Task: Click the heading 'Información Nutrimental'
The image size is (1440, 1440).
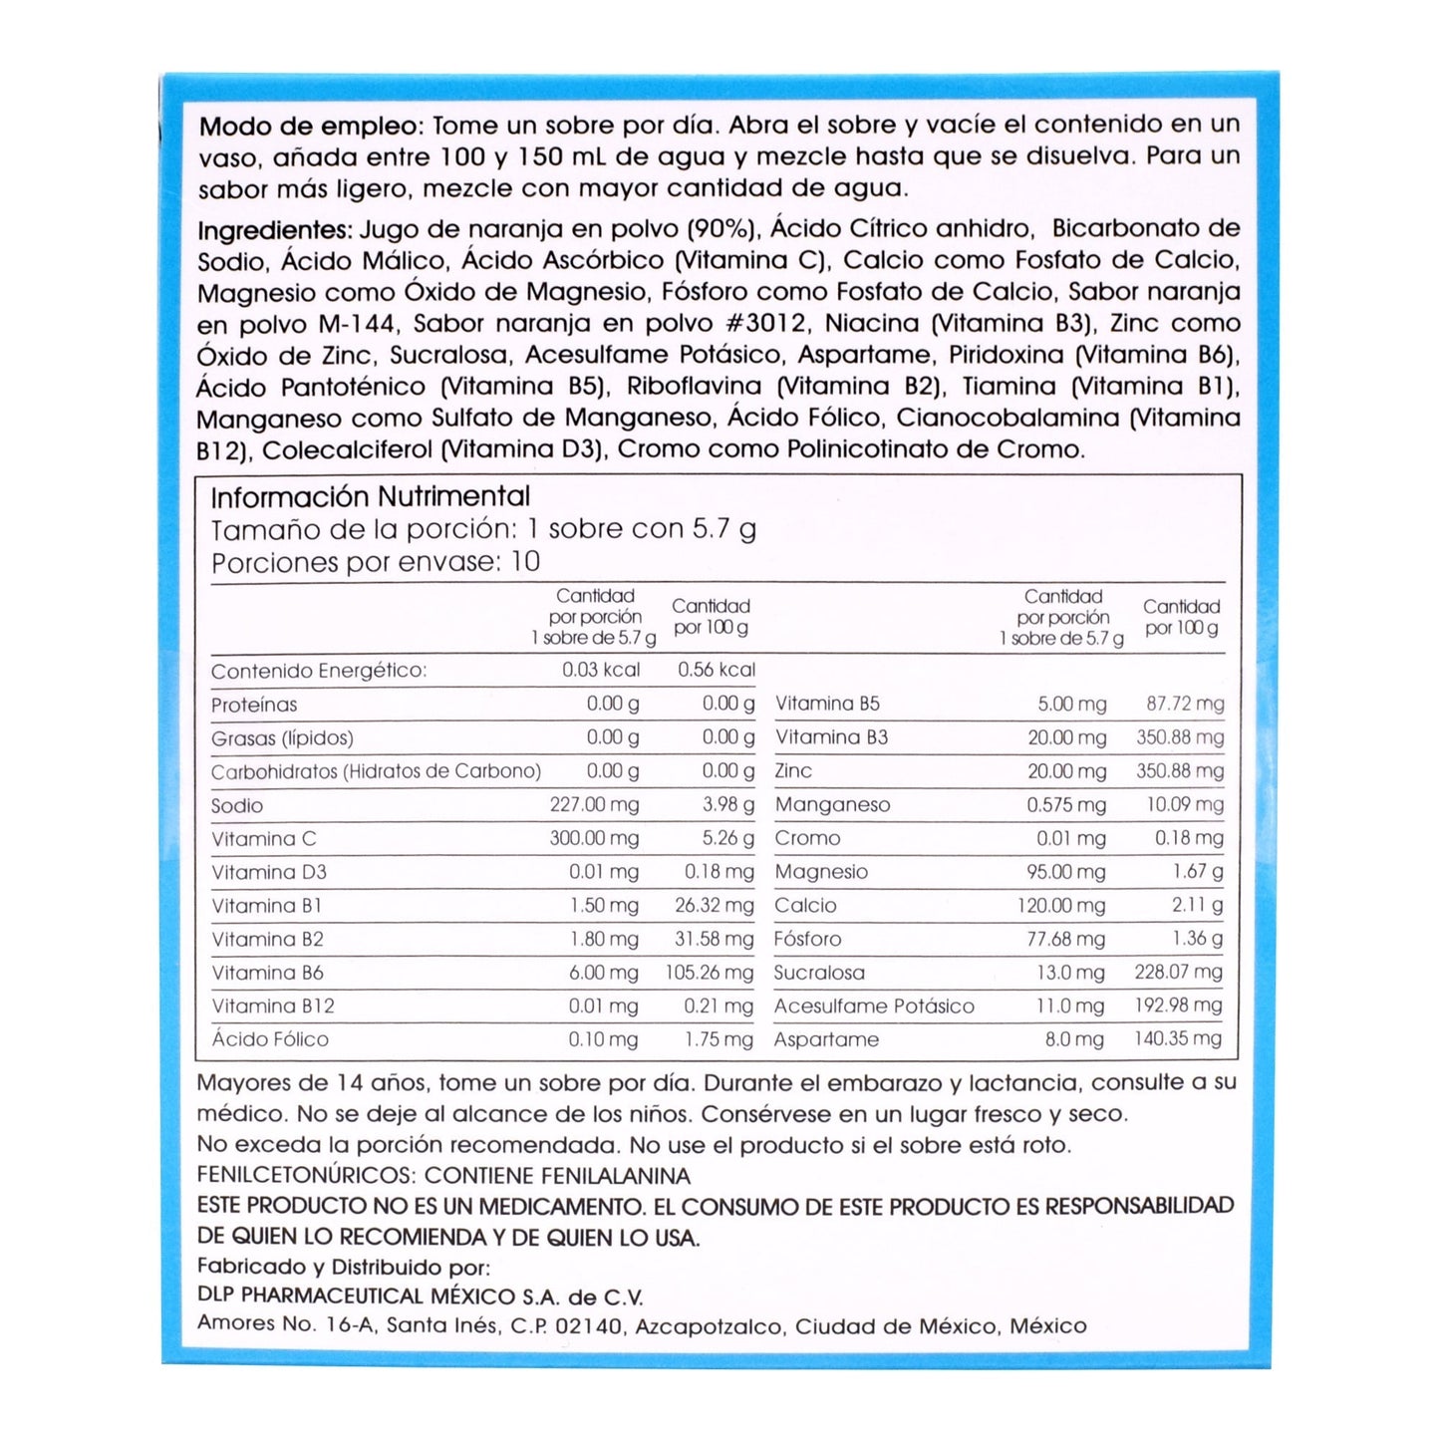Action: [370, 496]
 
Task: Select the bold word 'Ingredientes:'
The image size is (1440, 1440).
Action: [275, 231]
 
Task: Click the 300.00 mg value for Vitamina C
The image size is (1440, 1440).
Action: [594, 839]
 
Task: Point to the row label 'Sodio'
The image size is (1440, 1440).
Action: [237, 806]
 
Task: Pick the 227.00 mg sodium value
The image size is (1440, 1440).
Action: [594, 805]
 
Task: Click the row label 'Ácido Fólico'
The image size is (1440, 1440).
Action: [270, 1039]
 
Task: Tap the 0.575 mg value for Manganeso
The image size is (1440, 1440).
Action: [1066, 805]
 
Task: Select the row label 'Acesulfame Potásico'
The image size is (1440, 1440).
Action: [874, 1007]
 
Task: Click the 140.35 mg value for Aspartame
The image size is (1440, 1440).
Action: [1178, 1039]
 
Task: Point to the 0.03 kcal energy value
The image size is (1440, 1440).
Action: [601, 670]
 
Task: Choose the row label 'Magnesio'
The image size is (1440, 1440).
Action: [821, 872]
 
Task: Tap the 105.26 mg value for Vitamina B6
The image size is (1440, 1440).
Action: [710, 973]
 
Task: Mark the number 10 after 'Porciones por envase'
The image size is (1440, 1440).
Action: [525, 562]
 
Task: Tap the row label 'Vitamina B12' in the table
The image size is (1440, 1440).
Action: [273, 1007]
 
